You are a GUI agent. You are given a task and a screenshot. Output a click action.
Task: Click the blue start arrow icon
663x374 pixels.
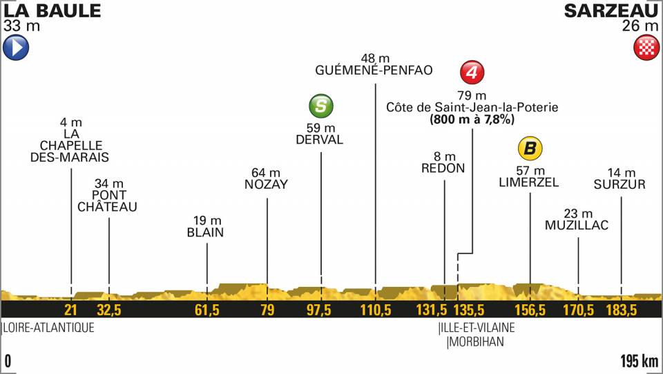pyautogui.click(x=15, y=48)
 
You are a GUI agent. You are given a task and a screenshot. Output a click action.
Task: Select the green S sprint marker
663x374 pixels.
pyautogui.click(x=320, y=106)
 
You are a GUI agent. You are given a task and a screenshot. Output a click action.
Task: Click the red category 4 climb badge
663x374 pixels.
pyautogui.click(x=472, y=72)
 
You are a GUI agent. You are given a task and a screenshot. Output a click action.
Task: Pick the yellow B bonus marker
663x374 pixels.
pyautogui.click(x=530, y=148)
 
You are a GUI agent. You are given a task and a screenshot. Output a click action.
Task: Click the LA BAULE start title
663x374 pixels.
pyautogui.click(x=52, y=10)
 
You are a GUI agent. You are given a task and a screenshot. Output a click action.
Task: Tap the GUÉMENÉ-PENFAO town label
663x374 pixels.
pyautogui.click(x=374, y=70)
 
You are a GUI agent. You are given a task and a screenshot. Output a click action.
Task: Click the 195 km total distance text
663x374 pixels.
pyautogui.click(x=638, y=360)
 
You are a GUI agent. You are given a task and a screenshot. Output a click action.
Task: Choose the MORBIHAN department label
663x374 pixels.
pyautogui.click(x=477, y=342)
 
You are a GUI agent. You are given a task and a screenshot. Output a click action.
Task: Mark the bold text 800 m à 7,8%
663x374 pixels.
pyautogui.click(x=472, y=120)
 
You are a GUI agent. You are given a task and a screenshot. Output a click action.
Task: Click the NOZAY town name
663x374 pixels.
pyautogui.click(x=266, y=184)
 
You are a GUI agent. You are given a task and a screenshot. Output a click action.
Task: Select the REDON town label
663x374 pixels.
pyautogui.click(x=445, y=168)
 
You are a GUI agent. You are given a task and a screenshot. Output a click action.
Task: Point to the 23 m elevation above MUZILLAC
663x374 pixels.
pyautogui.click(x=578, y=213)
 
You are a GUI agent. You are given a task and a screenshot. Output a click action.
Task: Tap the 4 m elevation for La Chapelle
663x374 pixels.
pyautogui.click(x=71, y=124)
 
